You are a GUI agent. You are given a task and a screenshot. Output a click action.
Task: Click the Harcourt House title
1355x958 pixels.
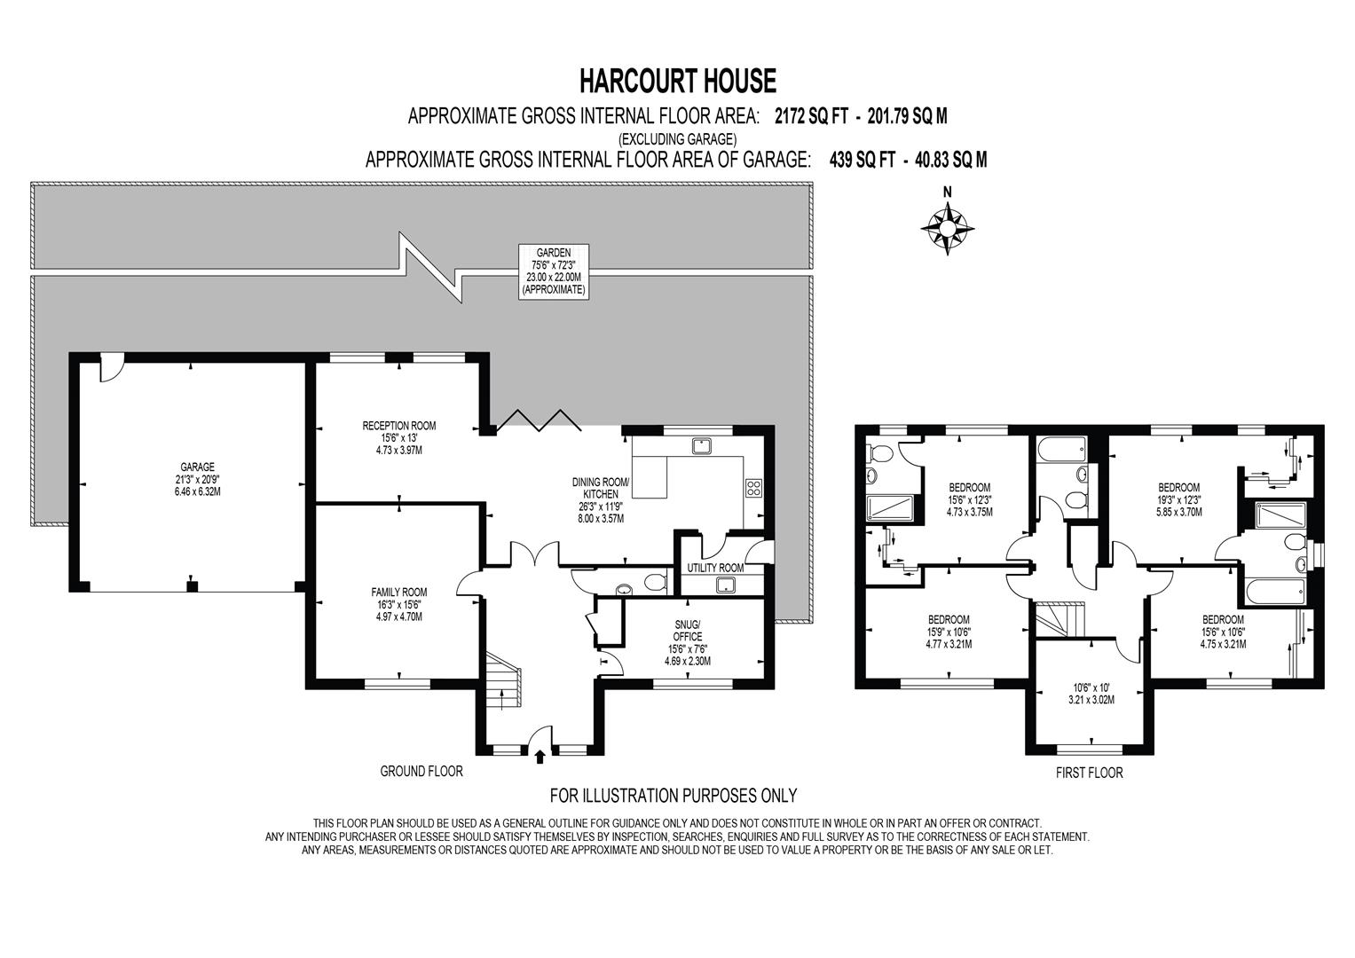point(677,81)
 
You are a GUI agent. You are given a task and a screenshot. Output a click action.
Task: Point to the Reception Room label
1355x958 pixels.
point(398,437)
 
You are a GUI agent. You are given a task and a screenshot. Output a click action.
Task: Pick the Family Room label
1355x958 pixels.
point(398,604)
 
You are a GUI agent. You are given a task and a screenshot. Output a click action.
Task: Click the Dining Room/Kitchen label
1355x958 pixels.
point(600,499)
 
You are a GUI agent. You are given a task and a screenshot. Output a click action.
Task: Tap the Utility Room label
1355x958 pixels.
point(715,568)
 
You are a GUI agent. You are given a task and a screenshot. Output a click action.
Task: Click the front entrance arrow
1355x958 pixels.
point(540,756)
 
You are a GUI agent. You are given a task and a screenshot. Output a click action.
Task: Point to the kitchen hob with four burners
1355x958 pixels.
point(753,487)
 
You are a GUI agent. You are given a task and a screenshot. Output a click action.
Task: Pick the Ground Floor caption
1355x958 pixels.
point(421,772)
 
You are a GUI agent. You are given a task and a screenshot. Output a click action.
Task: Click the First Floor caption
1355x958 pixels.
point(1089,773)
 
